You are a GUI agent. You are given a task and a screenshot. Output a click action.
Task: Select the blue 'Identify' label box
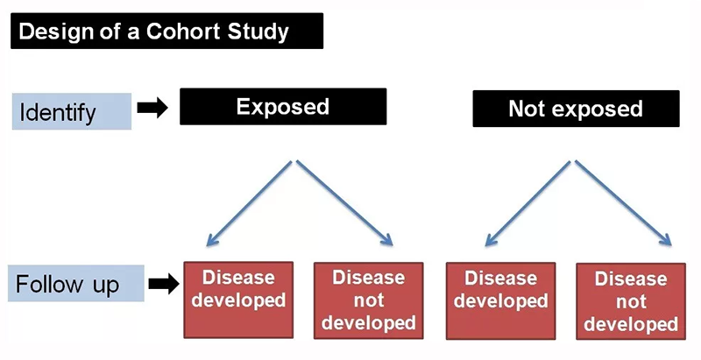(x=71, y=111)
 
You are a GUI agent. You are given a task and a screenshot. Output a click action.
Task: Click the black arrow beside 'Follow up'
(x=162, y=283)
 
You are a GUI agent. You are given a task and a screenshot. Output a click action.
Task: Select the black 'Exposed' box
(x=282, y=108)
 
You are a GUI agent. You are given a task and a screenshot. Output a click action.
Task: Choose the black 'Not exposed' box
(x=575, y=109)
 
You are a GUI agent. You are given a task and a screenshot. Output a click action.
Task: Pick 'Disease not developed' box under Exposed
(x=367, y=300)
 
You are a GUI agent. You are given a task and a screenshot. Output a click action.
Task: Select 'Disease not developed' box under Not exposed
(x=630, y=301)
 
